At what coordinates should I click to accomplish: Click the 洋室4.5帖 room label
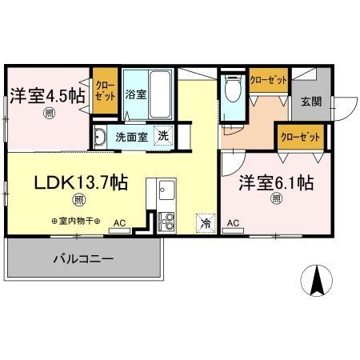(x=48, y=94)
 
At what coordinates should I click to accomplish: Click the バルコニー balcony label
(x=83, y=258)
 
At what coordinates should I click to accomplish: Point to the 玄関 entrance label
(x=311, y=102)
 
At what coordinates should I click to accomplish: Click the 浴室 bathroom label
(x=135, y=94)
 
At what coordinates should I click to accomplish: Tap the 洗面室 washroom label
(x=131, y=136)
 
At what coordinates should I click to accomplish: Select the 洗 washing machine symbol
(x=162, y=136)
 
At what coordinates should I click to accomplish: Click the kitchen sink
(x=166, y=192)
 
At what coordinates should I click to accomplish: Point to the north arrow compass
(x=314, y=281)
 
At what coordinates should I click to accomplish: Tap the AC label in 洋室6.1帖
(x=234, y=222)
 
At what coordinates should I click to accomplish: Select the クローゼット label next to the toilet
(x=267, y=79)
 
